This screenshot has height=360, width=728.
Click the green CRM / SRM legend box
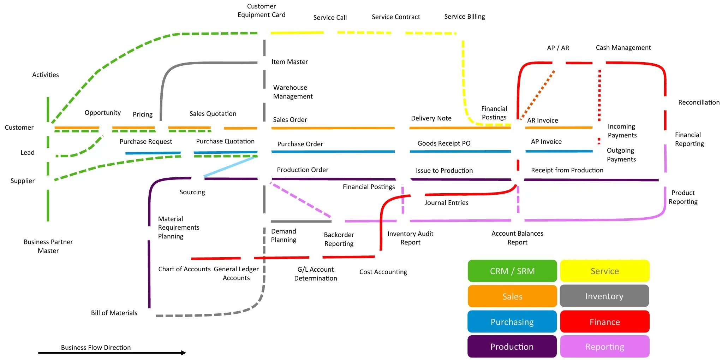(512, 271)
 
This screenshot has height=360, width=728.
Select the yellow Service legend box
(604, 271)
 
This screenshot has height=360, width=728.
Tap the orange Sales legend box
(512, 296)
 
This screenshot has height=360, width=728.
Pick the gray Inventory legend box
(604, 296)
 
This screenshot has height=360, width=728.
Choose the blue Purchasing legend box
(512, 322)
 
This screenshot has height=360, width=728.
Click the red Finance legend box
(604, 322)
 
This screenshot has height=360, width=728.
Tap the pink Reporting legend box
(604, 347)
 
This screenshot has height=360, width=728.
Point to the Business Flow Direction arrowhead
(183, 353)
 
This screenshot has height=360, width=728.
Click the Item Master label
(290, 62)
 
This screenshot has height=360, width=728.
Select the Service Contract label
(396, 17)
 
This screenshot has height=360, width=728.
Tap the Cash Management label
(623, 48)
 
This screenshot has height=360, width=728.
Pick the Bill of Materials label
(114, 313)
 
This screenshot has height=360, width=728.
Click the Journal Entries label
(446, 203)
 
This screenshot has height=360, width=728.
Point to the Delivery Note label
(431, 118)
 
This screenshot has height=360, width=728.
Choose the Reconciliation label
(699, 102)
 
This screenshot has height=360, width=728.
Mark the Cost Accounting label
(383, 272)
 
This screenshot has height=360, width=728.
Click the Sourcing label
(192, 192)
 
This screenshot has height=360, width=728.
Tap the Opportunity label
(102, 113)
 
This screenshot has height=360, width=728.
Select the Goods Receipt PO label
(444, 143)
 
